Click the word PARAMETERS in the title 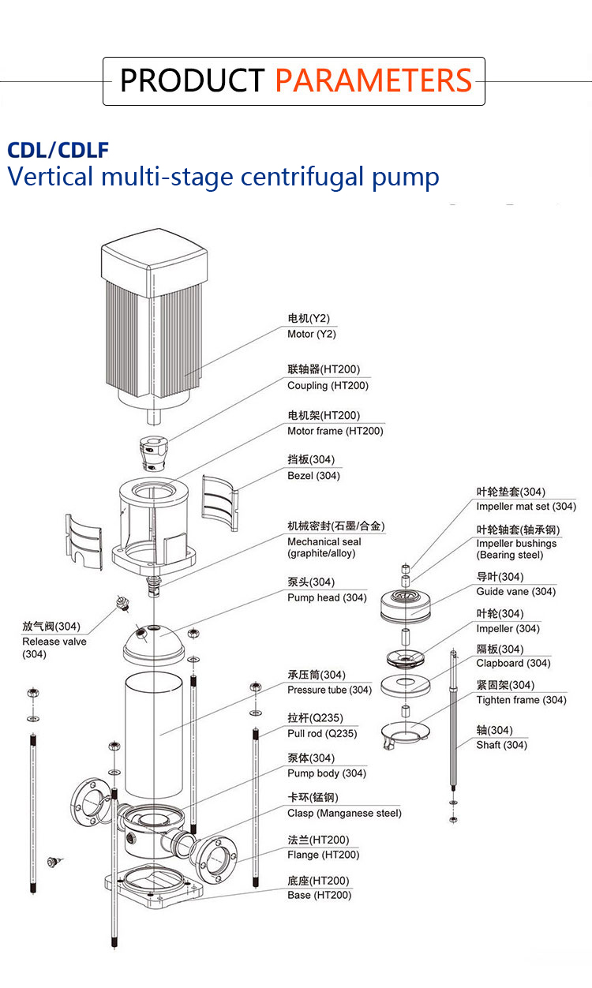373,80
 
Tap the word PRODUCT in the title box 192,80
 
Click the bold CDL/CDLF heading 58,150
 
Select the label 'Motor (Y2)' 311,334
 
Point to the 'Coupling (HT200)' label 328,385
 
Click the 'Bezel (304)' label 313,476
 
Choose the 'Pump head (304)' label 327,597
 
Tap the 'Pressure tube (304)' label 329,690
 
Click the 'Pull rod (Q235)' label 322,733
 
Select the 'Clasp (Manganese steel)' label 344,813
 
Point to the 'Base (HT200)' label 320,895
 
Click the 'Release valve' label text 54,642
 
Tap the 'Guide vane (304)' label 515,591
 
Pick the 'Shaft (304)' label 501,744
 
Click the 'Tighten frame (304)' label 521,700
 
